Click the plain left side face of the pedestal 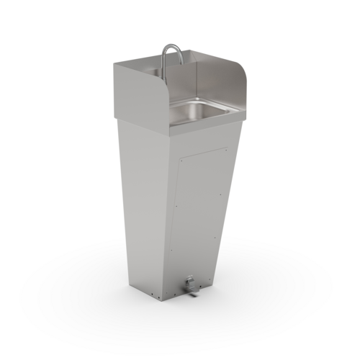coord(144,202)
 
